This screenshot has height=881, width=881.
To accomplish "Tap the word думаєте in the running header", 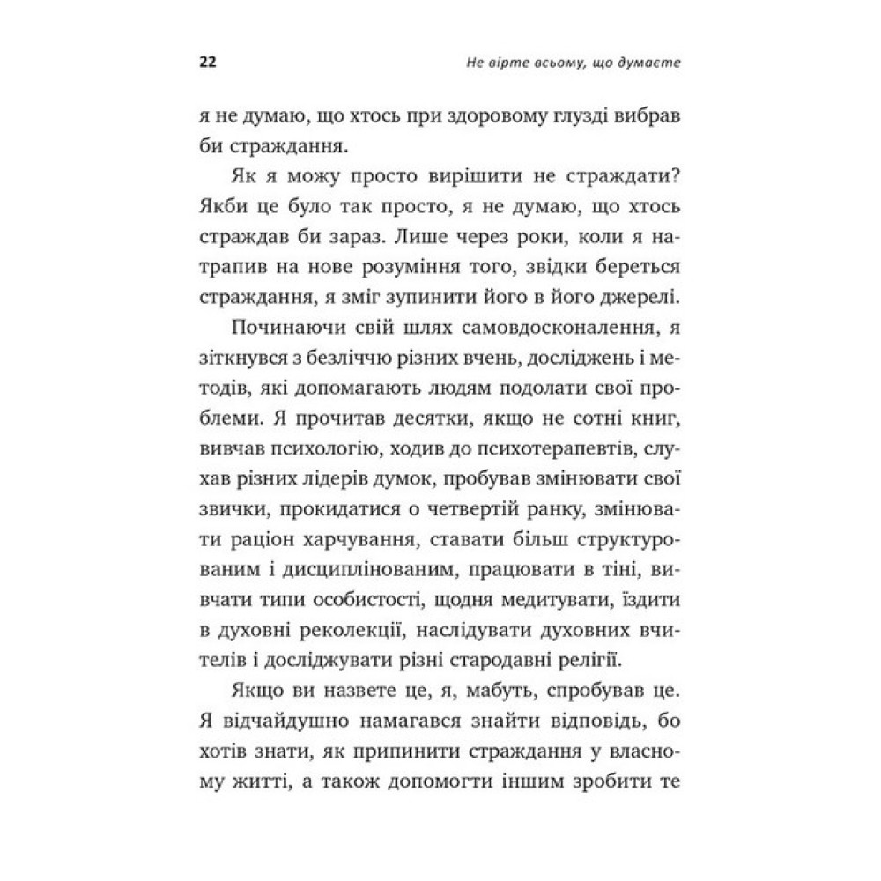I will coord(649,64).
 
